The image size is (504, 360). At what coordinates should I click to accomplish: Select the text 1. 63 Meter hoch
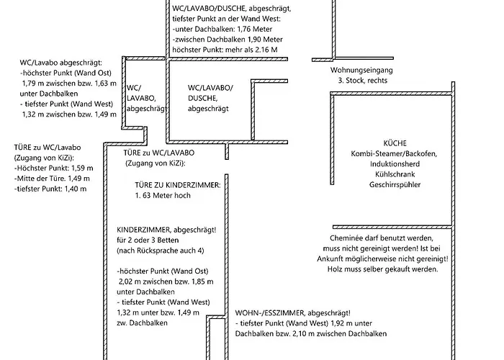tap(162, 195)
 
